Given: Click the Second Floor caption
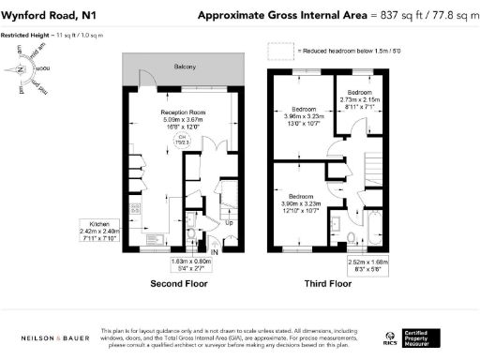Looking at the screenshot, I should click(x=177, y=283).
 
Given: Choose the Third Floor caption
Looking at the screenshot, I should click(x=328, y=283).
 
